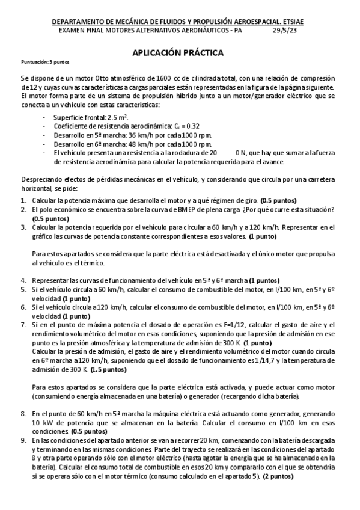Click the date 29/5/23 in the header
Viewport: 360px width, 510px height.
(284, 31)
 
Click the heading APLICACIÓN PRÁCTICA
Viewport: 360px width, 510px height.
(178, 53)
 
